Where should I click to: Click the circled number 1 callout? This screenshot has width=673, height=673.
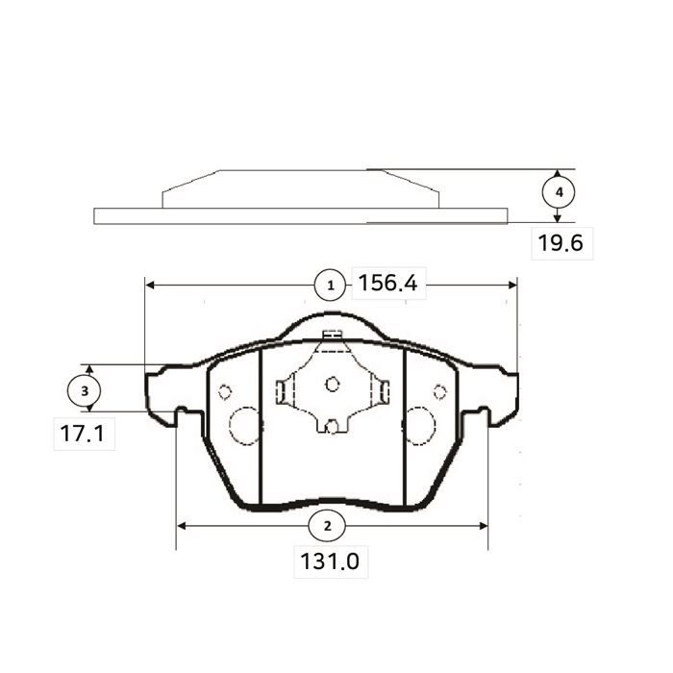(x=330, y=285)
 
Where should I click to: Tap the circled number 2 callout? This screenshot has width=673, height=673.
(x=327, y=526)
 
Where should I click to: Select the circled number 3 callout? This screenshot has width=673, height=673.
(x=85, y=391)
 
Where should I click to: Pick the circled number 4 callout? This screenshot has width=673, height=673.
(x=559, y=192)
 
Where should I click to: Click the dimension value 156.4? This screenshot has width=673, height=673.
(x=387, y=284)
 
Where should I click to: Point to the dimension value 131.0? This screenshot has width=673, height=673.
(x=330, y=561)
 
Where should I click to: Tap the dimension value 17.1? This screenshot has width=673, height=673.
(x=82, y=434)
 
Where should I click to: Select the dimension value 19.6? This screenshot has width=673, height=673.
(x=561, y=243)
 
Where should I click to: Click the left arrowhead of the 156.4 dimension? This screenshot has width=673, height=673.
(x=150, y=285)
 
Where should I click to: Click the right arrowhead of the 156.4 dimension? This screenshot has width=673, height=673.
(x=512, y=285)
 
